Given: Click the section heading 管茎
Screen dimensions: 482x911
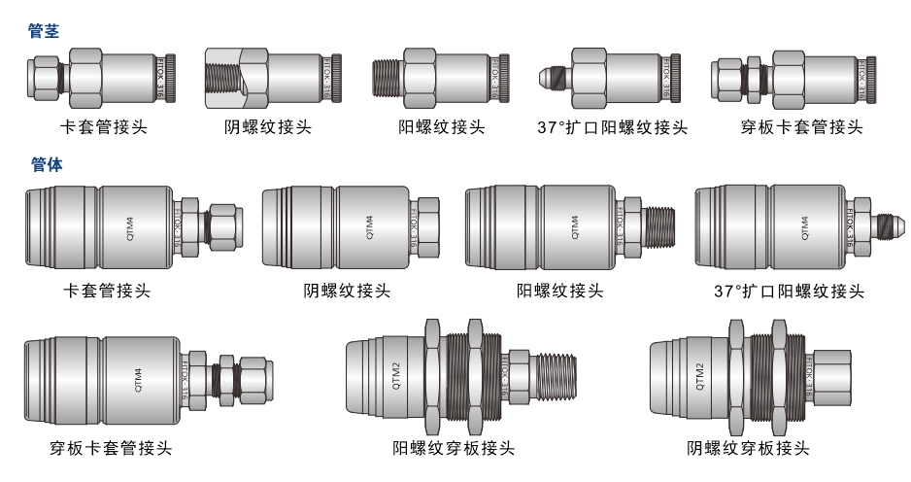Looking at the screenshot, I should [x=44, y=31].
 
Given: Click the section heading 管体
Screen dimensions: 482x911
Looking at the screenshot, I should [x=44, y=165].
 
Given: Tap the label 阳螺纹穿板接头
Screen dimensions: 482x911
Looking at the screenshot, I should [x=454, y=448].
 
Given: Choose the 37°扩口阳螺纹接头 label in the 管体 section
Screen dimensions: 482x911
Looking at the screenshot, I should [x=789, y=291].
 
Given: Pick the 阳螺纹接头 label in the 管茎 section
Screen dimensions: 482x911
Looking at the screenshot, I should [x=442, y=126].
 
